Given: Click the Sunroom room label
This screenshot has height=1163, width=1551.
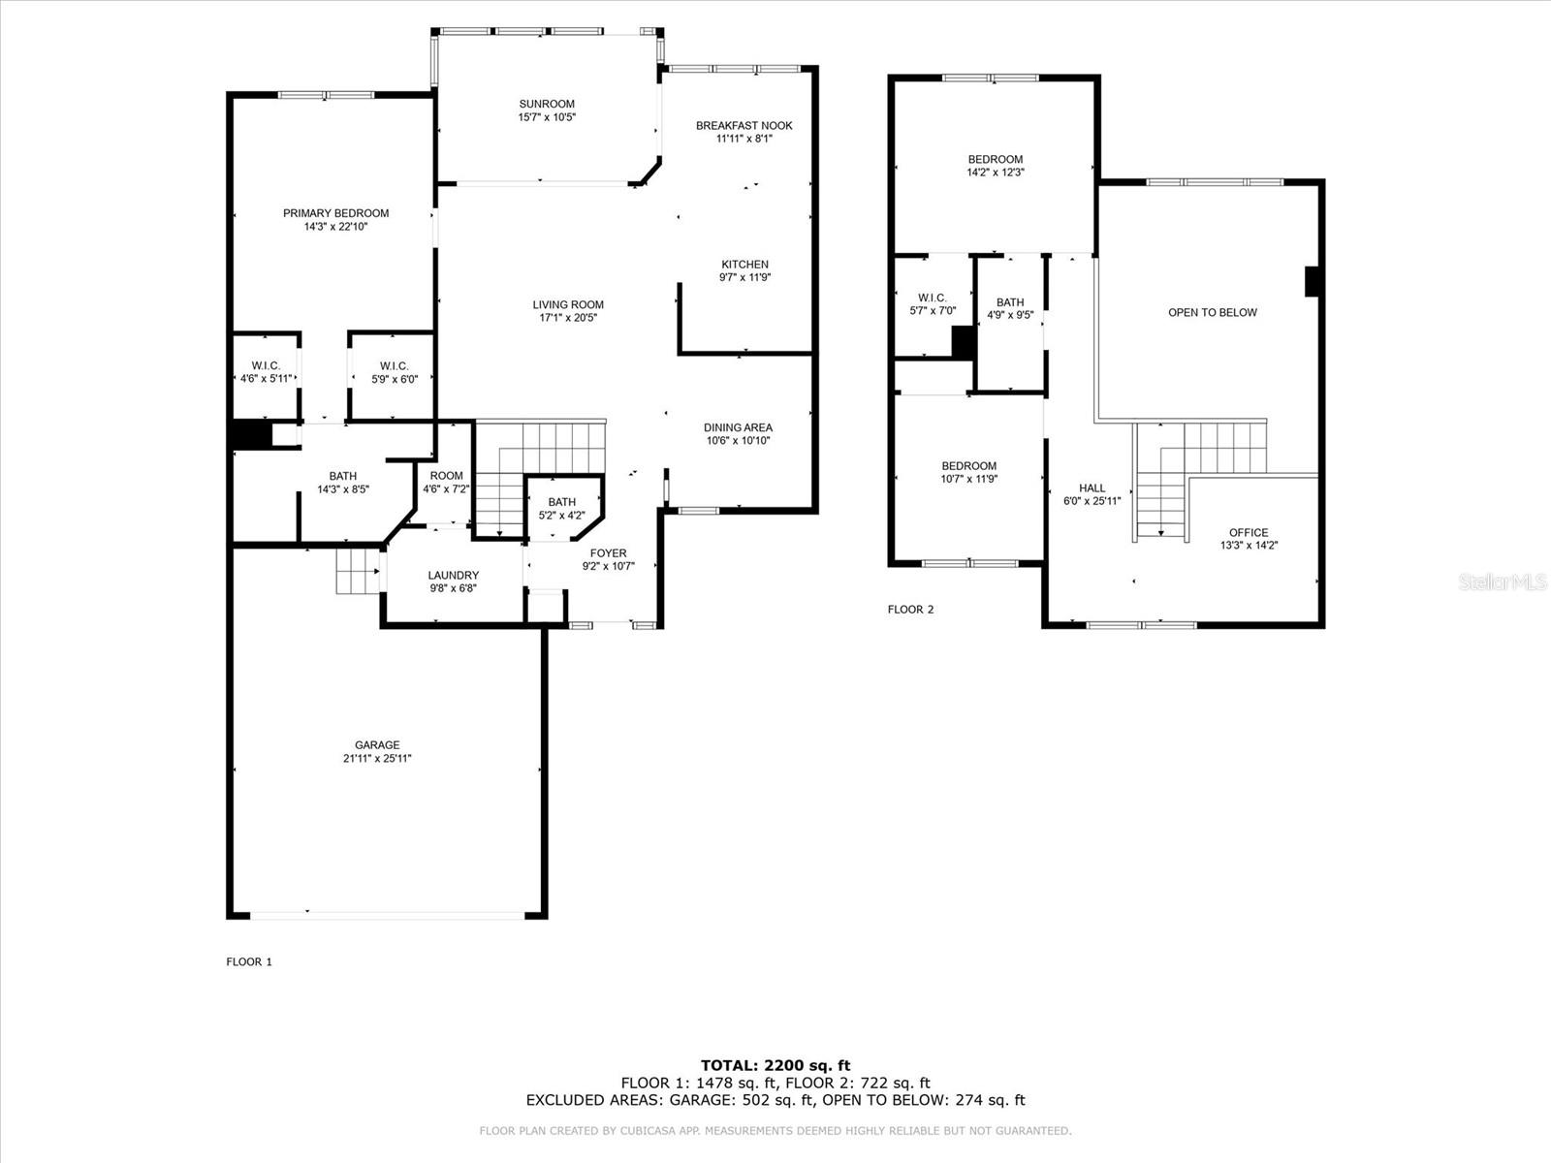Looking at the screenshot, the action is point(546,104).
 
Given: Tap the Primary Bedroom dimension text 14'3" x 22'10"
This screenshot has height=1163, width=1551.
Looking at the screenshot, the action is point(335,227).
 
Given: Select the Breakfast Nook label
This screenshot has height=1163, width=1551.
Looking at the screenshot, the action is point(744,126).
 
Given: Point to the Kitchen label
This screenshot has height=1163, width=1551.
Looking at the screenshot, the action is point(744,264).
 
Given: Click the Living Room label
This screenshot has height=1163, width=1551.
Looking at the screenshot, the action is point(568,304).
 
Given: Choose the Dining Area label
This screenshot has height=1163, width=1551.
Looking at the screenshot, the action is point(738,427).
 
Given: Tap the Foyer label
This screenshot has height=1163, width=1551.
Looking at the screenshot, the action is point(609,552).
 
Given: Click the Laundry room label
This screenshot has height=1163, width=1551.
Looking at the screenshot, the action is point(453,575).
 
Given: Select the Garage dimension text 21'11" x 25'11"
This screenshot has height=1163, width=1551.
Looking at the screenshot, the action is point(377,759).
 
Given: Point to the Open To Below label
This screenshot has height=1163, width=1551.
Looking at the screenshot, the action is point(1213,312).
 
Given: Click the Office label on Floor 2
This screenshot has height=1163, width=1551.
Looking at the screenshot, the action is point(1249,532).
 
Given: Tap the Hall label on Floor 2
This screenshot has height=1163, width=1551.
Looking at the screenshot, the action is point(1092,487).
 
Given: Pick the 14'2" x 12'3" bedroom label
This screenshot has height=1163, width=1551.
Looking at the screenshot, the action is point(995,160).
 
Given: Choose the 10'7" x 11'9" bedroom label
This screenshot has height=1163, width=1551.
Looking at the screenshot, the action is point(968,466).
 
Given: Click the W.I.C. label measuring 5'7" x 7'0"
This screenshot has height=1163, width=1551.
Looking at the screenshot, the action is point(932,298).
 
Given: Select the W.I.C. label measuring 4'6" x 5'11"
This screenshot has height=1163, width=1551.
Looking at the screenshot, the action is point(266,365).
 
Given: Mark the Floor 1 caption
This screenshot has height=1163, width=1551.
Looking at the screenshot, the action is point(249,961).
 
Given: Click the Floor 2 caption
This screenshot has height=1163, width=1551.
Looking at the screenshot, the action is point(910,610).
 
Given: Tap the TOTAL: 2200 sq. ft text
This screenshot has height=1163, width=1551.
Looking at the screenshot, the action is point(775,1065).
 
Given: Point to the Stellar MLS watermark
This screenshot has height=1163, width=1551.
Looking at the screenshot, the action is point(1503,581).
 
